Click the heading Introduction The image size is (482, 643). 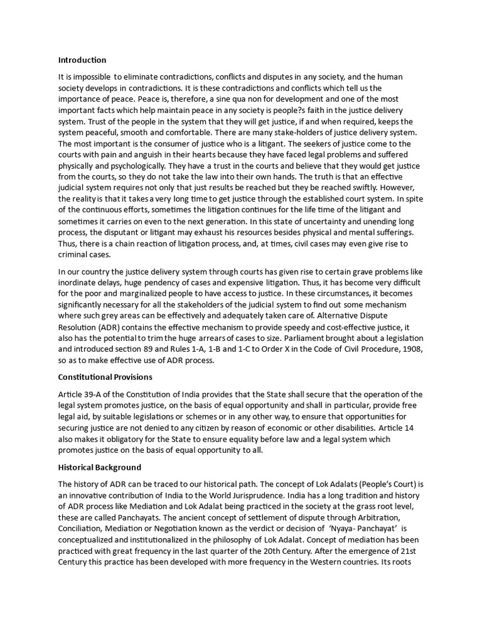coord(82,60)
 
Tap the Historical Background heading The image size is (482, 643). coord(100,467)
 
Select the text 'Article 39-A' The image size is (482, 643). coord(81,394)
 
